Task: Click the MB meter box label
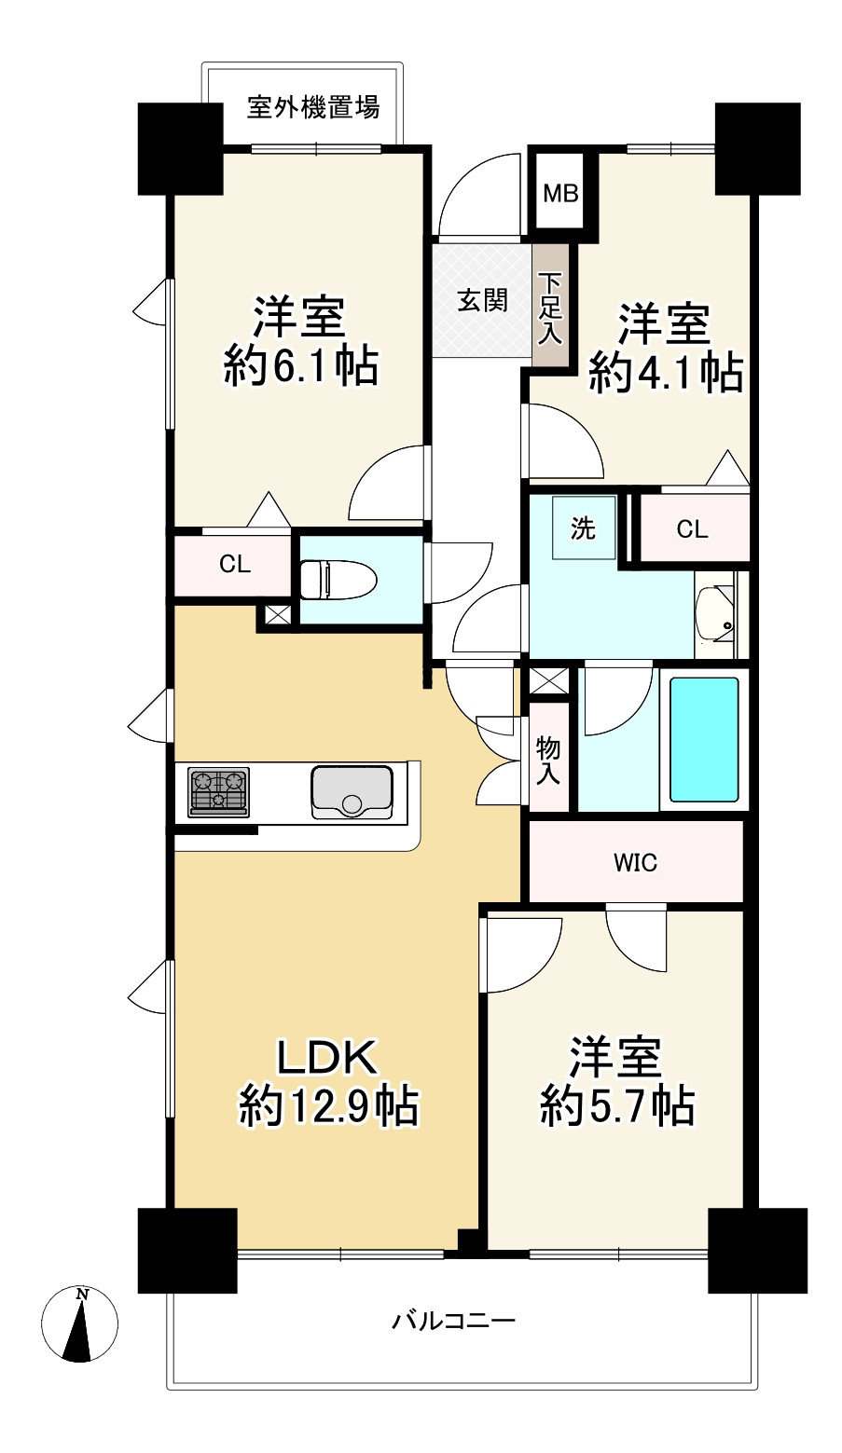click(x=561, y=193)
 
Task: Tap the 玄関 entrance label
click(x=482, y=300)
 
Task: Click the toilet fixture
click(x=338, y=579)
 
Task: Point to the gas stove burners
click(x=219, y=791)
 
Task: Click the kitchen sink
click(x=352, y=792)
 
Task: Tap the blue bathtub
click(x=704, y=739)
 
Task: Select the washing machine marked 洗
click(x=584, y=528)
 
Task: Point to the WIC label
click(x=636, y=863)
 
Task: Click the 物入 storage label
click(x=548, y=761)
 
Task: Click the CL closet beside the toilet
click(x=234, y=564)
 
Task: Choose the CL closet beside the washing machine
click(x=692, y=529)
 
